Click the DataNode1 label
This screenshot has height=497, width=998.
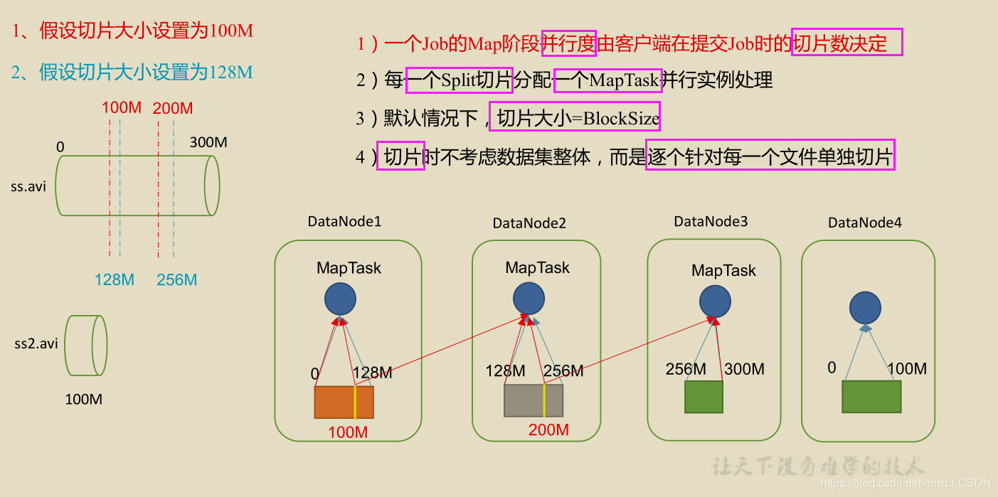click(344, 221)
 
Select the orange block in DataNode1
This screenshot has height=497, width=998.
click(344, 402)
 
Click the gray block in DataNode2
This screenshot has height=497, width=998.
click(533, 400)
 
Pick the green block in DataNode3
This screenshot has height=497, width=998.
click(704, 397)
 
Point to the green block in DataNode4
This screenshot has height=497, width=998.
click(871, 397)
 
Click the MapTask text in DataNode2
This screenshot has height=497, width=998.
click(537, 268)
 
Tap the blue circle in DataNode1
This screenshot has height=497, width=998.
click(340, 299)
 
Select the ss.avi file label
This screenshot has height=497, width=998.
click(28, 187)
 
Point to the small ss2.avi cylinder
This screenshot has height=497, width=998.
click(85, 346)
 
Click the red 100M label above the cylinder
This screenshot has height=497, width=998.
click(121, 108)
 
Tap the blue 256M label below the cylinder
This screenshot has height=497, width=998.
click(176, 280)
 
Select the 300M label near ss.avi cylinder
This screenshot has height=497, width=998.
click(208, 142)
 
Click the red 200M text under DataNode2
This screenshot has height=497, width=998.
click(548, 430)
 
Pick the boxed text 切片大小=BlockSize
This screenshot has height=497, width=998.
click(575, 118)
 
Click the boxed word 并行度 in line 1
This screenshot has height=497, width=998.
click(568, 44)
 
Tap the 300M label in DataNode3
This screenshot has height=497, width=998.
click(744, 369)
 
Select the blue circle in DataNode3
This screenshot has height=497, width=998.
click(715, 301)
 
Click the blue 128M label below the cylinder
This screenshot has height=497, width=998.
click(115, 280)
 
